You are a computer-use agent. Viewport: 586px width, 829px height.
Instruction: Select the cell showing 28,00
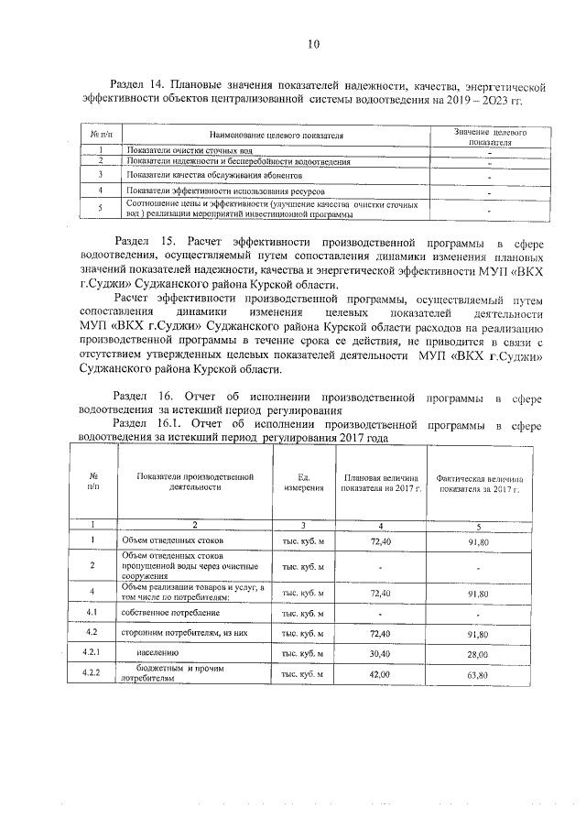point(478,655)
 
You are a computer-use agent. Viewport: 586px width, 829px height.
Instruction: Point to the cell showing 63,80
point(478,675)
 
